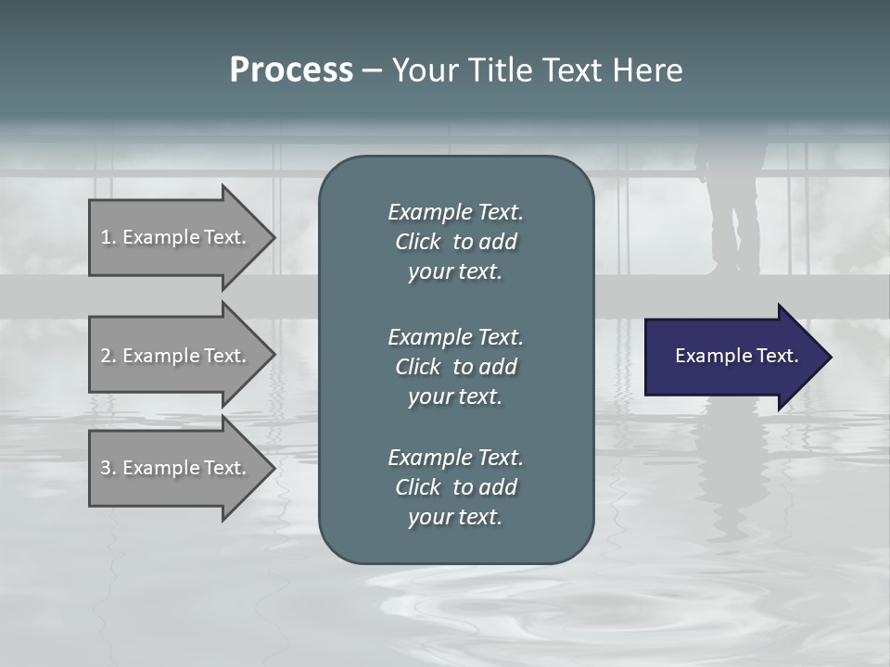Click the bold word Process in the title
(291, 70)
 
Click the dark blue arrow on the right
(732, 357)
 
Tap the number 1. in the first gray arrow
(108, 237)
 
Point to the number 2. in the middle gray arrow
(108, 356)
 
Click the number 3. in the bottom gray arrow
(108, 468)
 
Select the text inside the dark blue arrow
(737, 356)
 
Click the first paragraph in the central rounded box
(455, 242)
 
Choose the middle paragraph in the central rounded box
(455, 366)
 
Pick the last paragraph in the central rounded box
(455, 487)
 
